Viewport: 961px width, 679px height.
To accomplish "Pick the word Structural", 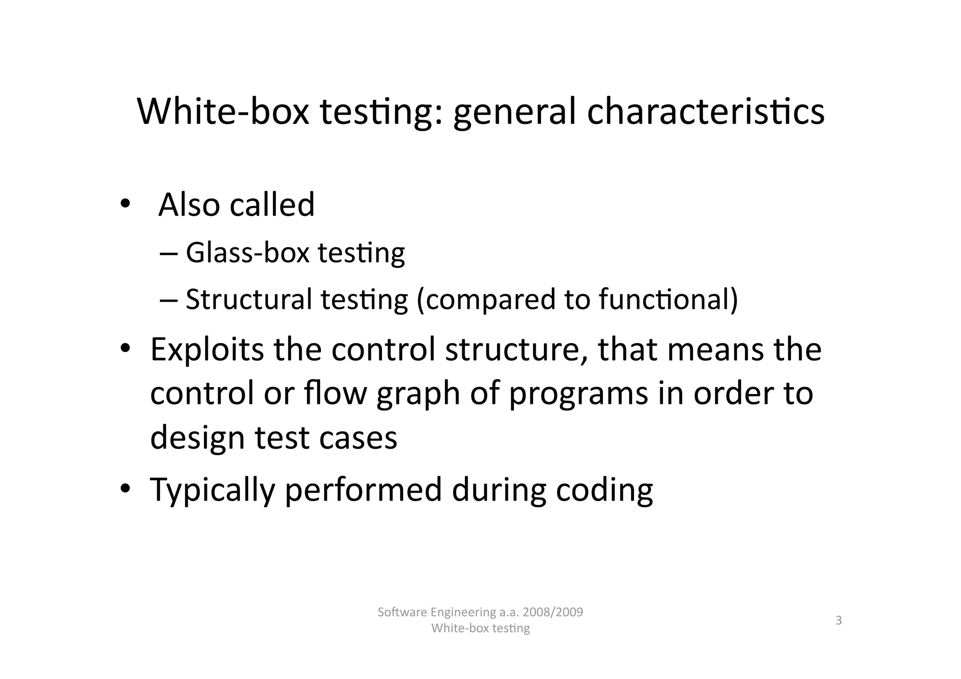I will pos(249,299).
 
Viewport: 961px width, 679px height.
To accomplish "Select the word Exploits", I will pos(207,350).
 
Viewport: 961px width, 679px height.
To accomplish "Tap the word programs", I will pos(578,394).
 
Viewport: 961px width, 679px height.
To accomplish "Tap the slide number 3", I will pos(839,621).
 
